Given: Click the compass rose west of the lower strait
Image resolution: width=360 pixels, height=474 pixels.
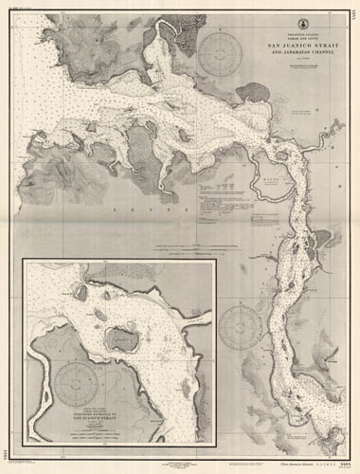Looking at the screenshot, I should [x=242, y=327].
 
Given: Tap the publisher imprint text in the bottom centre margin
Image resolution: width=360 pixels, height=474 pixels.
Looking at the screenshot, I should [x=180, y=463].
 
